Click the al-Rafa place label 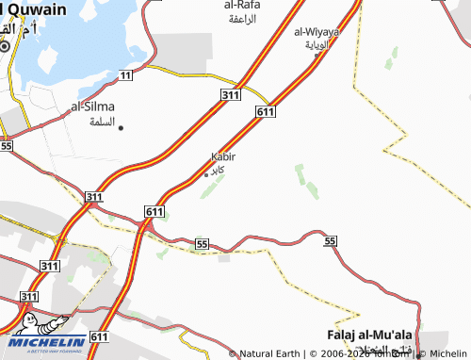tap(242, 5)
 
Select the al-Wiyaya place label tap(317, 31)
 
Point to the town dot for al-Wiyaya tap(317, 55)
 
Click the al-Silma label tap(91, 107)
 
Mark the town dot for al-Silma tap(121, 127)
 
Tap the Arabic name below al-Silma tap(101, 123)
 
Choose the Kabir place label tap(222, 156)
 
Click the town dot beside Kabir tap(206, 174)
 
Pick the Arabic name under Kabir tap(217, 170)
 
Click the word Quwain tap(37, 8)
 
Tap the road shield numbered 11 tap(126, 73)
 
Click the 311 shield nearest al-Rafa tap(229, 96)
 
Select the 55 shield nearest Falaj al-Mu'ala tap(330, 242)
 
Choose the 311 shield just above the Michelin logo tap(29, 297)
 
